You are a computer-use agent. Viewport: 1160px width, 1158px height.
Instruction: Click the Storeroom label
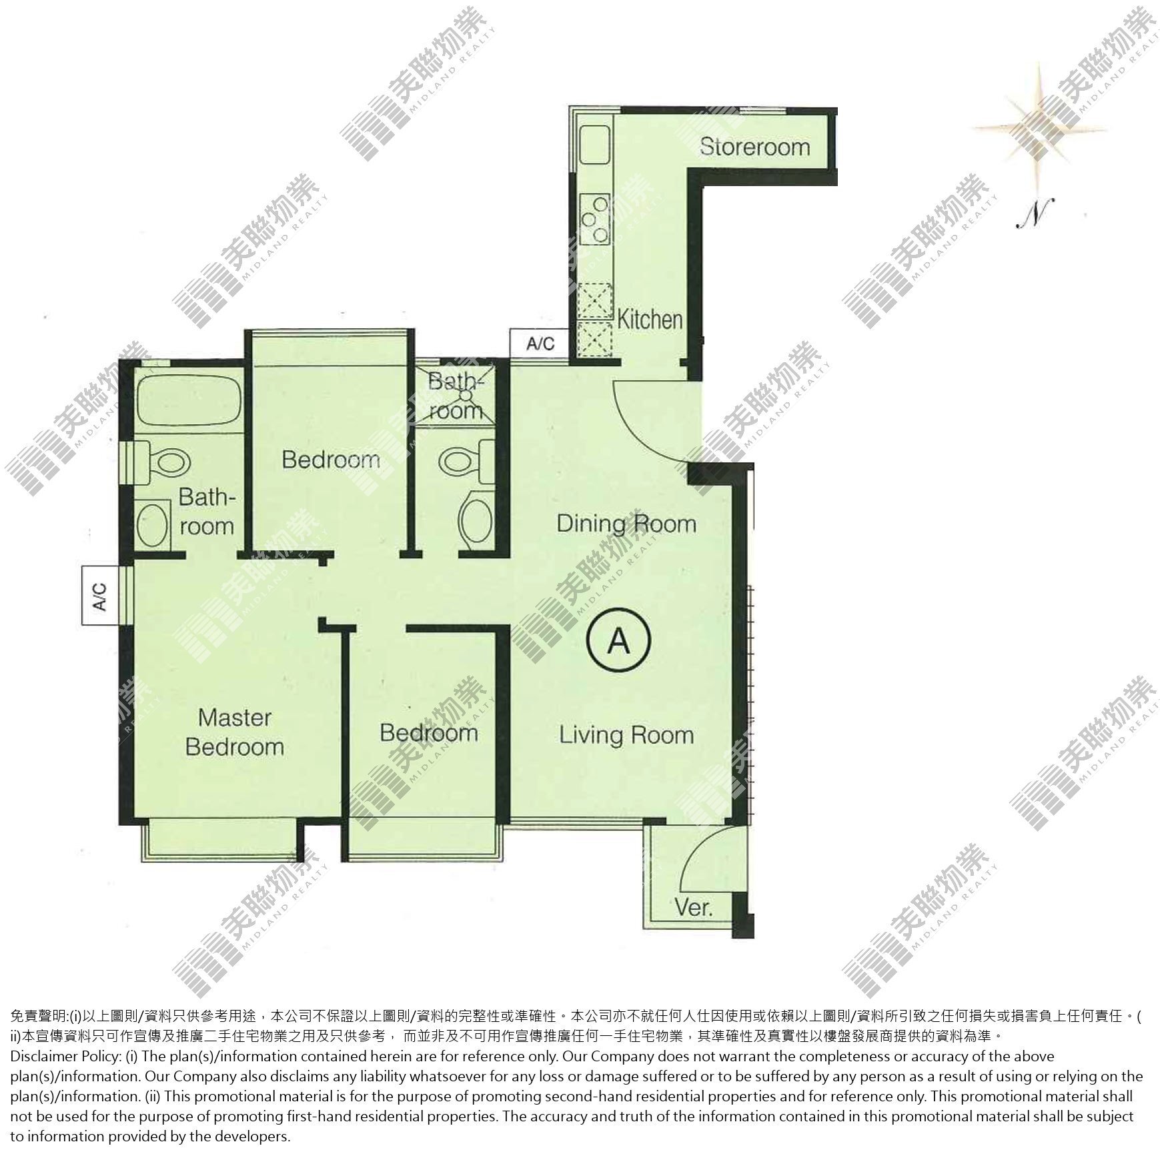[x=754, y=147]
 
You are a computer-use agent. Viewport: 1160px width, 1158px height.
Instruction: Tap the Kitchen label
[x=650, y=320]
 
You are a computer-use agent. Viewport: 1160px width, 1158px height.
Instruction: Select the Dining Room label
[x=626, y=524]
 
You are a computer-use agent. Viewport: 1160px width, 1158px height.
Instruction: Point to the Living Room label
[x=626, y=735]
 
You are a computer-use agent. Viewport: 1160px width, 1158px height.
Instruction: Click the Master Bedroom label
[x=235, y=732]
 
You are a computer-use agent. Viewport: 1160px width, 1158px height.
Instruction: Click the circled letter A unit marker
[x=618, y=641]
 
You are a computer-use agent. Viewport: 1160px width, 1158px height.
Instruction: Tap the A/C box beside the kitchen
[x=540, y=344]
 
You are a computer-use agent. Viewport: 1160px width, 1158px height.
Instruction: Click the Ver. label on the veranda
[x=694, y=908]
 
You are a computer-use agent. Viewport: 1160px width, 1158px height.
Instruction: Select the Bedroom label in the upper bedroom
[x=331, y=459]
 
